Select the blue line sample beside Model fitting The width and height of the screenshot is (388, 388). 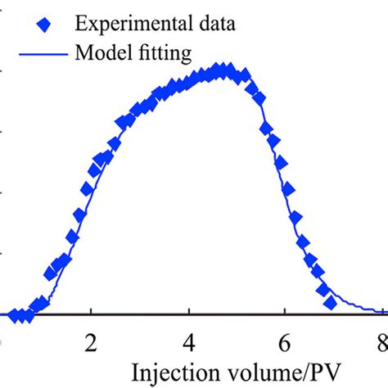coord(43,54)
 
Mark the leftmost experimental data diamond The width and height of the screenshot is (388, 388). coord(13,314)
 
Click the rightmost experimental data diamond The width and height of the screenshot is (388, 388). coord(329,303)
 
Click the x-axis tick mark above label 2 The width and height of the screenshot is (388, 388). coord(92,311)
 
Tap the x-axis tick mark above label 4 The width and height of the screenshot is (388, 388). coord(188,311)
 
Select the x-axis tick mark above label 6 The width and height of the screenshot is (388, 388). coord(285,311)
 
